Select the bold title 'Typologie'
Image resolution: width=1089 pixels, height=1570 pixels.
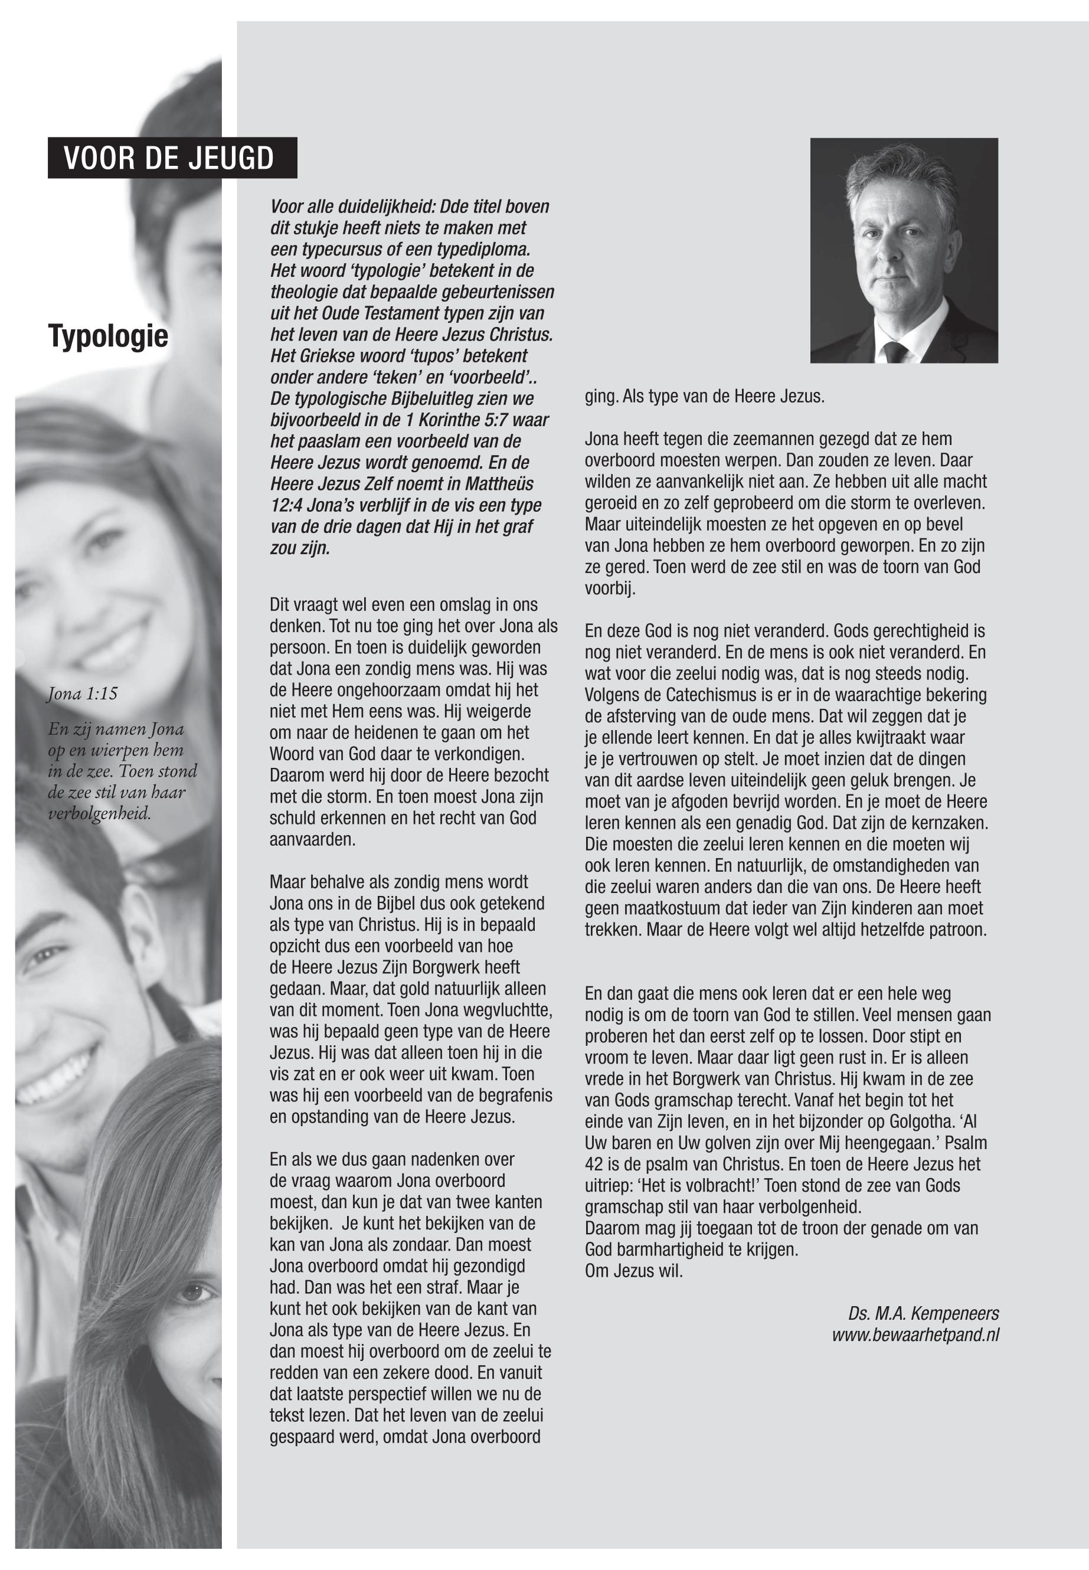coord(108,336)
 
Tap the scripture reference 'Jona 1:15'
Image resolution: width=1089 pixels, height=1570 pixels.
coord(83,694)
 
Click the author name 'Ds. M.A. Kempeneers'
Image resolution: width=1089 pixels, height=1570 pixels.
coord(923,1313)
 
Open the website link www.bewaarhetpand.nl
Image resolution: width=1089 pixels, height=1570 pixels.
coord(915,1335)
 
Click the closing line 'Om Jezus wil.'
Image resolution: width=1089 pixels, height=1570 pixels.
coord(634,1271)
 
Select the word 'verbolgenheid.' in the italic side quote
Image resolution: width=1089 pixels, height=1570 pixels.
coord(100,814)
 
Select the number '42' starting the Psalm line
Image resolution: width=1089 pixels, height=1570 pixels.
coord(594,1164)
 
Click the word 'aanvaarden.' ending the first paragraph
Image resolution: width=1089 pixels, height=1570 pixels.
coord(312,839)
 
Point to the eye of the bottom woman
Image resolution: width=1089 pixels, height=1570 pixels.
coord(191,1291)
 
